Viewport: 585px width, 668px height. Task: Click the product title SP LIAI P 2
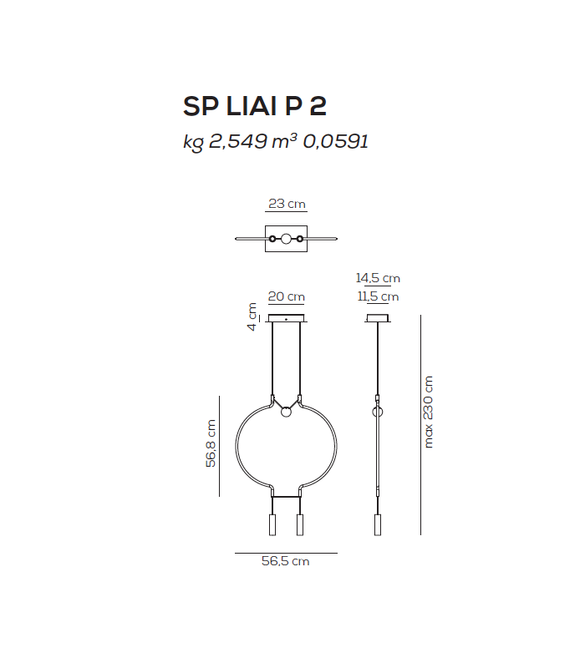point(254,107)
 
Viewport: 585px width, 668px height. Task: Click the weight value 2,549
point(237,142)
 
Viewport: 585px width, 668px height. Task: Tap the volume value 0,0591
point(335,142)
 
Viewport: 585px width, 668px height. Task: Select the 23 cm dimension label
point(286,204)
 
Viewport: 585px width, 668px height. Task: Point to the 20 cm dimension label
point(286,296)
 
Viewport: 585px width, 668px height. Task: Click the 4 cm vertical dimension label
point(252,316)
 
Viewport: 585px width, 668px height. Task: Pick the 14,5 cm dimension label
point(378,278)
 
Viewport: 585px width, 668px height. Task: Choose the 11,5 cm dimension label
point(378,296)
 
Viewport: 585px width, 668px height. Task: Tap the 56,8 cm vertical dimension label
point(211,443)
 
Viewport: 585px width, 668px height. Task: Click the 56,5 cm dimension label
point(286,562)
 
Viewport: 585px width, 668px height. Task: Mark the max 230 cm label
point(429,412)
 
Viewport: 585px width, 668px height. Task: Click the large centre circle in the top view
point(286,240)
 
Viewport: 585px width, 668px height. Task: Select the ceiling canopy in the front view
point(286,318)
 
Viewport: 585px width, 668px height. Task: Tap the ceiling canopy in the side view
point(378,318)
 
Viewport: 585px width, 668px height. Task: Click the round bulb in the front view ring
point(286,411)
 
